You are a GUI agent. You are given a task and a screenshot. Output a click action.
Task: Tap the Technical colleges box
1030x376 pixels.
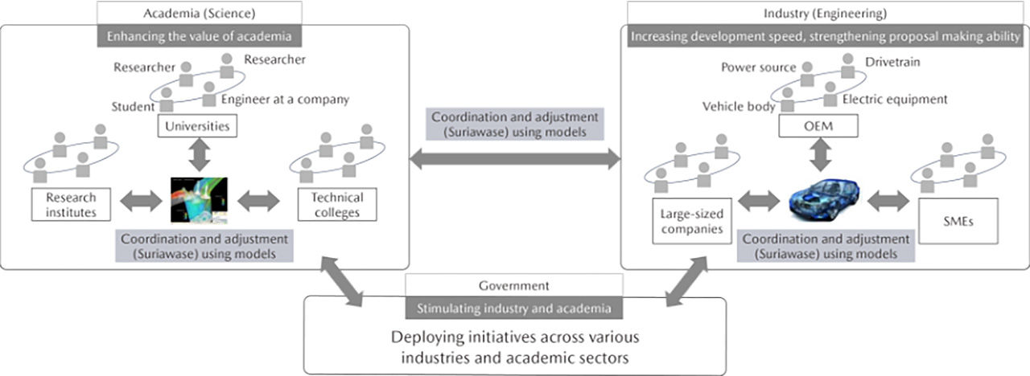(x=337, y=204)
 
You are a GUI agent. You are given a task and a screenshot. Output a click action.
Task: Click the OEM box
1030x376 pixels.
(x=819, y=125)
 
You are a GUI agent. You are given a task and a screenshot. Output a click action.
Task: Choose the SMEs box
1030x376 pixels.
(x=956, y=222)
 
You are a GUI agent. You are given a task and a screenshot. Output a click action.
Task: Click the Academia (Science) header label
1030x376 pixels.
(x=200, y=12)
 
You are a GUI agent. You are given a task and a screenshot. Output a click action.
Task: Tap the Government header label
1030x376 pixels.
(x=514, y=284)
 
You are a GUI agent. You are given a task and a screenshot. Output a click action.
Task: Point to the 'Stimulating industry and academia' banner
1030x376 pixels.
(x=514, y=307)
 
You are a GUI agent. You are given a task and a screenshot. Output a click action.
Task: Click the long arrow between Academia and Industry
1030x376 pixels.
(x=515, y=160)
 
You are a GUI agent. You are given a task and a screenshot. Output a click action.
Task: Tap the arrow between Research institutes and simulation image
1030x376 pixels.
(x=141, y=201)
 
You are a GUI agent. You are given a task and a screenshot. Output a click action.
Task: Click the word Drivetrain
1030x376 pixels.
(x=892, y=62)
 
